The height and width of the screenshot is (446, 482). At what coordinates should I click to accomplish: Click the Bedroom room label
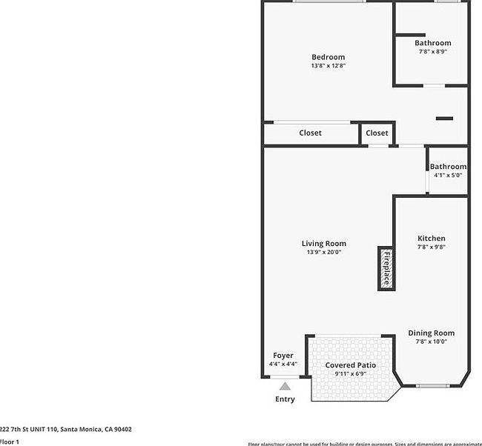pyautogui.click(x=328, y=57)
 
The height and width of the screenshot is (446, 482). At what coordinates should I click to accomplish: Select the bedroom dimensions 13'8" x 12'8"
pyautogui.click(x=328, y=66)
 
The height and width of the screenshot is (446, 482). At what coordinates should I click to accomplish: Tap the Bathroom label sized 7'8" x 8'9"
pyautogui.click(x=432, y=43)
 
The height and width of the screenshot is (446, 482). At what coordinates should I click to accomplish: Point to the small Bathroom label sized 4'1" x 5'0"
pyautogui.click(x=448, y=167)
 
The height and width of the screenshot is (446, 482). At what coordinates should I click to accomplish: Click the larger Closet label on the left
pyautogui.click(x=310, y=133)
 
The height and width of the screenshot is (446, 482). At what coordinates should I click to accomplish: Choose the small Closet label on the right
pyautogui.click(x=377, y=133)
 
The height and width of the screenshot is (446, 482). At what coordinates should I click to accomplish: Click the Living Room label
pyautogui.click(x=323, y=244)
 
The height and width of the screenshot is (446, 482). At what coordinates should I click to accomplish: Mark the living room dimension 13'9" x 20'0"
pyautogui.click(x=323, y=253)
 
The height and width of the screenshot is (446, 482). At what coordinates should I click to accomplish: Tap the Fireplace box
pyautogui.click(x=386, y=268)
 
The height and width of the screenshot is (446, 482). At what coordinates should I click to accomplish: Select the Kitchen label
pyautogui.click(x=431, y=239)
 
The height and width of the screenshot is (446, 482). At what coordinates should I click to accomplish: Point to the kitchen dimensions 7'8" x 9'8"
pyautogui.click(x=431, y=247)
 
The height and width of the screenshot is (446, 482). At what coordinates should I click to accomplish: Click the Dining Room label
pyautogui.click(x=431, y=333)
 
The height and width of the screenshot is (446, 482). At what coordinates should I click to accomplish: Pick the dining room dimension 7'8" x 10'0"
pyautogui.click(x=431, y=342)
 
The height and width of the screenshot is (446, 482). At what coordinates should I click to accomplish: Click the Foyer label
pyautogui.click(x=283, y=356)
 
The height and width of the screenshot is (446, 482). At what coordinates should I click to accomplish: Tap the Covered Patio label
pyautogui.click(x=351, y=365)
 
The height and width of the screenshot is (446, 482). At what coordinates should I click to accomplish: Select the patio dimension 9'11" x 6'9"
pyautogui.click(x=351, y=374)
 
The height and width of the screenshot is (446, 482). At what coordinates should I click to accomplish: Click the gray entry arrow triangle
pyautogui.click(x=285, y=386)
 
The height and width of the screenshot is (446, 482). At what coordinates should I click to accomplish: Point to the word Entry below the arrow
pyautogui.click(x=285, y=399)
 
